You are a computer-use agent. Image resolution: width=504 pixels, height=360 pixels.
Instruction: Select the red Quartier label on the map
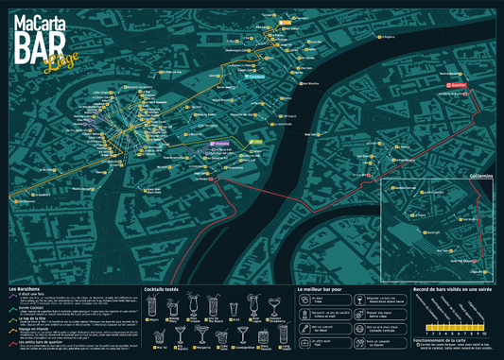pos(455,82)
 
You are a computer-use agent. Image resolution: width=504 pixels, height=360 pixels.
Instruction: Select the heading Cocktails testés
pos(165,288)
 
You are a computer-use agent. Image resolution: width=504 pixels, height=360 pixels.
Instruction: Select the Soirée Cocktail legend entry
pos(31,307)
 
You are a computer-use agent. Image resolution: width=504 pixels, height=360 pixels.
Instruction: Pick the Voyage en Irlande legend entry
pos(32,328)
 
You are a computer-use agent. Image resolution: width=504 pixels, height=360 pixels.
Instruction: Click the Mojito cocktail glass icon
pos(152,307)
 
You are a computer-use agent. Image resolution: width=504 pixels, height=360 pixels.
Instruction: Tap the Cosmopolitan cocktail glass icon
pos(242,335)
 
